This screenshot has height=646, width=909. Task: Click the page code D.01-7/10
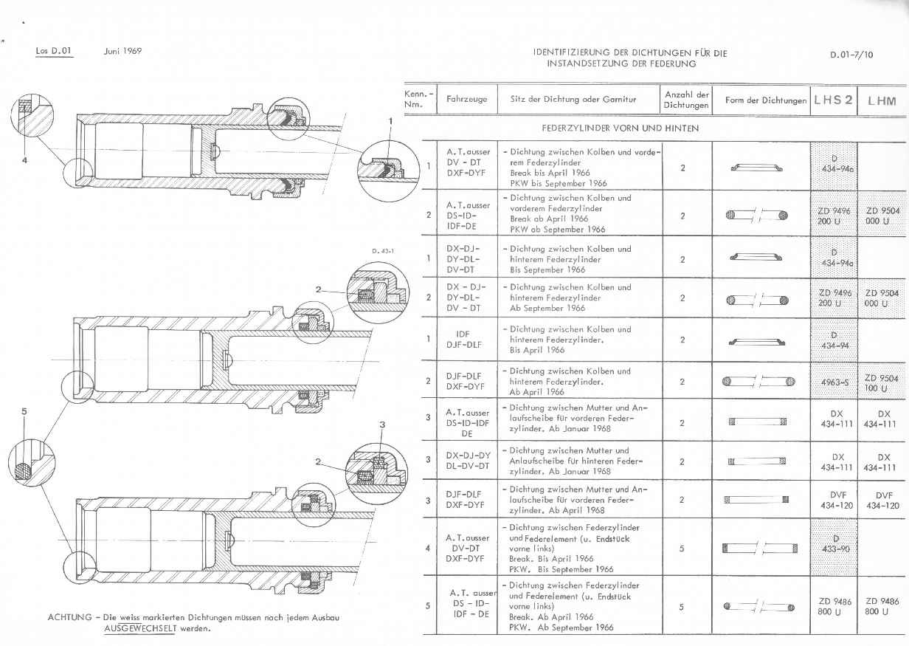[x=851, y=54]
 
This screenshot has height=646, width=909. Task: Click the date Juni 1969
[x=122, y=51]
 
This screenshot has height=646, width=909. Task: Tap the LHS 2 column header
[x=833, y=100]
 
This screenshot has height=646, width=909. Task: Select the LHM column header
[x=882, y=100]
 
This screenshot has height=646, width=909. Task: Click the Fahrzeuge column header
[x=466, y=100]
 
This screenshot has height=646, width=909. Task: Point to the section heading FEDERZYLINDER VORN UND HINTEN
[x=620, y=128]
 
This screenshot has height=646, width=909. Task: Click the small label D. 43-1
[x=383, y=251]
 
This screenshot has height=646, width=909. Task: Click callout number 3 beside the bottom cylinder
[x=382, y=425]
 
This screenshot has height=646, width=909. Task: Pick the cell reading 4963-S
[x=834, y=382]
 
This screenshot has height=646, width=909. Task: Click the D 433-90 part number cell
[x=834, y=543]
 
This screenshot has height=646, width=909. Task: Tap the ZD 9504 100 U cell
[x=882, y=382]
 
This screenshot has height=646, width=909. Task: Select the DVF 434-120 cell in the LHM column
[x=882, y=501]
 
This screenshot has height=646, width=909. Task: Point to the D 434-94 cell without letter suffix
[x=834, y=340]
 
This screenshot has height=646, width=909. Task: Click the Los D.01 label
[x=54, y=51]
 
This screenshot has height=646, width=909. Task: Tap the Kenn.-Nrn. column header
[x=418, y=100]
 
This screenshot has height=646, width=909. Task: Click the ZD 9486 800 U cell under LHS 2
[x=834, y=607]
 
